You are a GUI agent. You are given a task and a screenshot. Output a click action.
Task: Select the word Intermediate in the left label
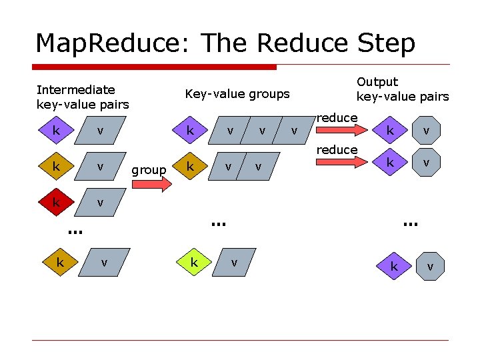tap(75, 89)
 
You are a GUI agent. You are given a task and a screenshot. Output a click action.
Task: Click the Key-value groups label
tap(237, 94)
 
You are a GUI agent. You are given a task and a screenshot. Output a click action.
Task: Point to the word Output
tap(377, 82)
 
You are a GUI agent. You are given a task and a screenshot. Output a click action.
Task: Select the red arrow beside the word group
tap(156, 185)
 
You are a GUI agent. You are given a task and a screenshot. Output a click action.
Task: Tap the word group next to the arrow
tap(149, 170)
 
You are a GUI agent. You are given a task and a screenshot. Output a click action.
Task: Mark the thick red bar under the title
tap(155, 67)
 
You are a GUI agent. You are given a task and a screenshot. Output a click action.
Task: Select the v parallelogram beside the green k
tap(234, 263)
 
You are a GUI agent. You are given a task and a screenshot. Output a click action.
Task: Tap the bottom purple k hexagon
tap(394, 267)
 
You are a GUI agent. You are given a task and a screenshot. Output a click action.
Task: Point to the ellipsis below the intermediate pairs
tap(74, 231)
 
